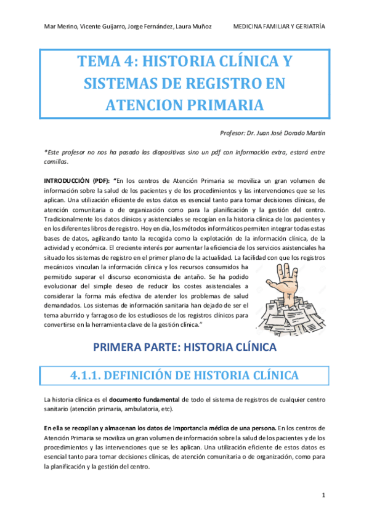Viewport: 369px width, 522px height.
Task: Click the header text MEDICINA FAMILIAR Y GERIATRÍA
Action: [280, 26]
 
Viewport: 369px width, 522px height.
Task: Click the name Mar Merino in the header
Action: [60, 26]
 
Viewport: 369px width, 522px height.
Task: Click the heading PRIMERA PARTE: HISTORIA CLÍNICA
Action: [185, 348]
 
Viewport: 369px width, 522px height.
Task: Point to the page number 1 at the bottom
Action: [323, 495]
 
